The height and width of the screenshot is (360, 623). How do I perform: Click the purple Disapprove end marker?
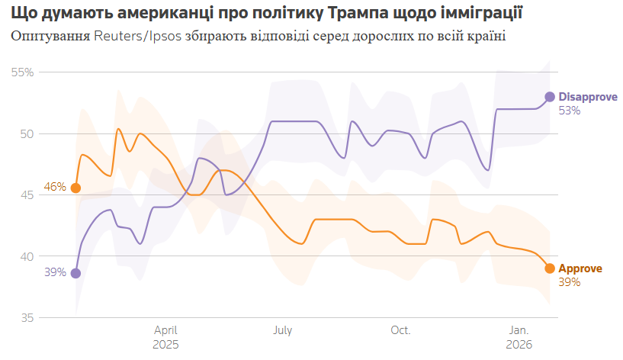pos(549,97)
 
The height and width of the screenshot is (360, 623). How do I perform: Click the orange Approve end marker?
pos(549,268)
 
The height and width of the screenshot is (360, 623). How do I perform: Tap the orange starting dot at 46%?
pos(75,188)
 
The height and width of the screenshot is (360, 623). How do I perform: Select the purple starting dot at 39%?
pos(75,273)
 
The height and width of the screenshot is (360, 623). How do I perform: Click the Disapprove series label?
pos(587,97)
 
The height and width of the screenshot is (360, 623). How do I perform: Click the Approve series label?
pos(580,268)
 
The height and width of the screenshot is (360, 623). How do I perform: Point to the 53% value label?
pos(570,111)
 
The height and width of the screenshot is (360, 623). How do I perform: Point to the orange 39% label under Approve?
pos(570,282)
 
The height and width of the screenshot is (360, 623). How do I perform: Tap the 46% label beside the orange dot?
pos(55,188)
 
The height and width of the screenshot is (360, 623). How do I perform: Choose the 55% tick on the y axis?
pos(23,72)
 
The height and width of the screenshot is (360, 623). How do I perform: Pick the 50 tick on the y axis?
pos(27,134)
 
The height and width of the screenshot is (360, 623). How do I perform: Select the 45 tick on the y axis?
pos(27,195)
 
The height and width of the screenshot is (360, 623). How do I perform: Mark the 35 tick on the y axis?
pos(27,318)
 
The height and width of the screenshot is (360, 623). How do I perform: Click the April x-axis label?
pos(166,330)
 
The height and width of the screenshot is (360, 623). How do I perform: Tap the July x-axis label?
pos(282,330)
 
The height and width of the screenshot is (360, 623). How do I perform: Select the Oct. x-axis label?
pos(400,330)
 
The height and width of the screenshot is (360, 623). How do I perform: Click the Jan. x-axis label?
pos(519,330)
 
